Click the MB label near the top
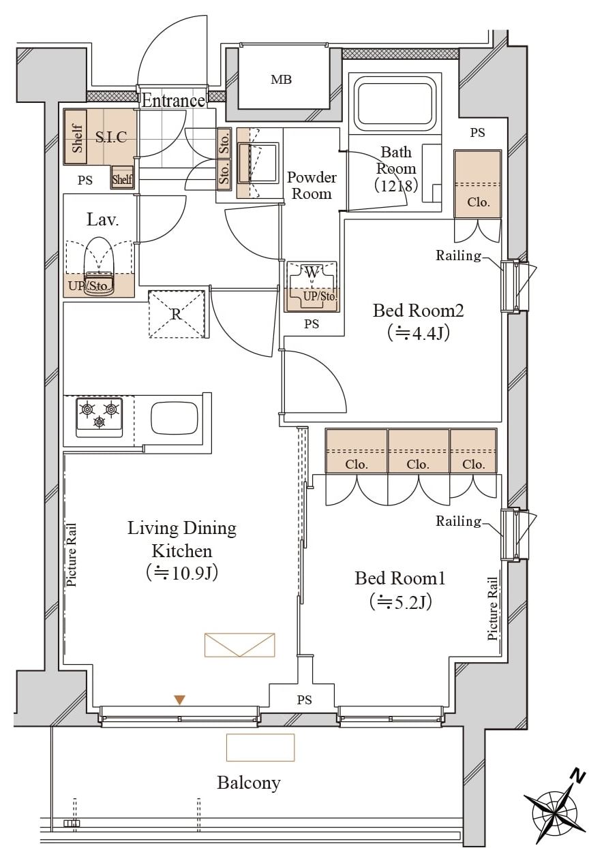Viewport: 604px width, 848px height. [x=282, y=80]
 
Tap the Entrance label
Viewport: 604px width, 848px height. [x=174, y=101]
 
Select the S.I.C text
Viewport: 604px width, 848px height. [x=111, y=136]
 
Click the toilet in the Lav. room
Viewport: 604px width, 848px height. [x=100, y=267]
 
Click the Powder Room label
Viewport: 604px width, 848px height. [x=312, y=185]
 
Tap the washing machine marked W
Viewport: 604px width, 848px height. [x=312, y=286]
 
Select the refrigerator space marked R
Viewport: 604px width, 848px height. [x=177, y=314]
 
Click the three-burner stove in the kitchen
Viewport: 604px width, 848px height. [x=99, y=418]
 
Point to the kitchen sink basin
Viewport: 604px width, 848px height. [x=175, y=419]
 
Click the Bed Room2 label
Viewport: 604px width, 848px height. [x=419, y=311]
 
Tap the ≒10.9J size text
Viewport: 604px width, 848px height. [x=182, y=573]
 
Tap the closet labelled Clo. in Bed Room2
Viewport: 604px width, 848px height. [x=478, y=184]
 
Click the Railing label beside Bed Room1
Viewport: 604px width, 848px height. [x=458, y=521]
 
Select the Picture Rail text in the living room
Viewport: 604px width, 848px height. [x=71, y=555]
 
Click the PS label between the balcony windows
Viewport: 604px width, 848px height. [x=304, y=700]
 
